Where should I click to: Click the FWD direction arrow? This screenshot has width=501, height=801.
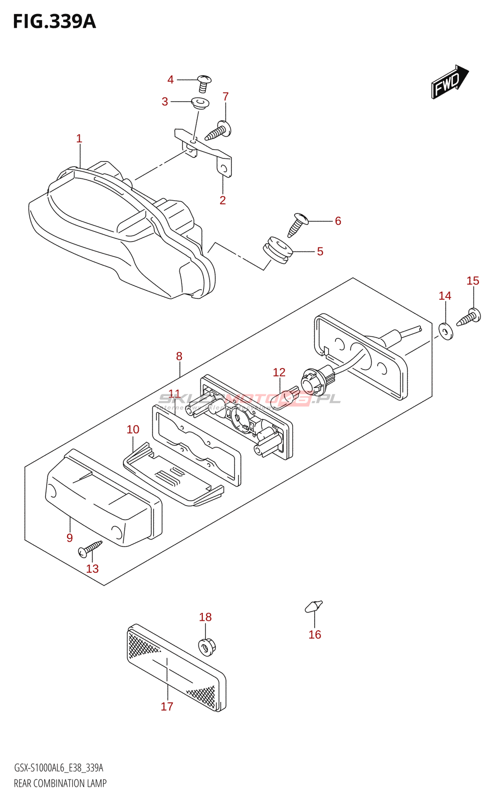[x=449, y=82]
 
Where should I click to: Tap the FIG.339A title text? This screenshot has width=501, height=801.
[x=54, y=22]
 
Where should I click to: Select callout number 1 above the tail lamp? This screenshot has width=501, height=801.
[x=79, y=139]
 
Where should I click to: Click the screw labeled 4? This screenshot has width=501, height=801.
[x=203, y=83]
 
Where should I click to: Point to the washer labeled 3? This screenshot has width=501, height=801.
[x=200, y=104]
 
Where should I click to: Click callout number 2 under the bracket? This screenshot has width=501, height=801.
[x=223, y=200]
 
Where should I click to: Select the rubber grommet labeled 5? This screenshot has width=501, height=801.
[x=277, y=249]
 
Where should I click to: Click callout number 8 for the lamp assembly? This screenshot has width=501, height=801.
[x=179, y=356]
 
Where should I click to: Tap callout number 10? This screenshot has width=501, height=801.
[x=133, y=430]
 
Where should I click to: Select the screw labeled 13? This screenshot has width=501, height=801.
[x=90, y=549]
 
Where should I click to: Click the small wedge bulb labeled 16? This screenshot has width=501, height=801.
[x=314, y=606]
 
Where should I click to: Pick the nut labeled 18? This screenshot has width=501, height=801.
[x=205, y=647]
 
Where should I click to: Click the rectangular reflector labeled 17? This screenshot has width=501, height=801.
[x=175, y=666]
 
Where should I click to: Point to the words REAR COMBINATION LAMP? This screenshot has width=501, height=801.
[x=60, y=783]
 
